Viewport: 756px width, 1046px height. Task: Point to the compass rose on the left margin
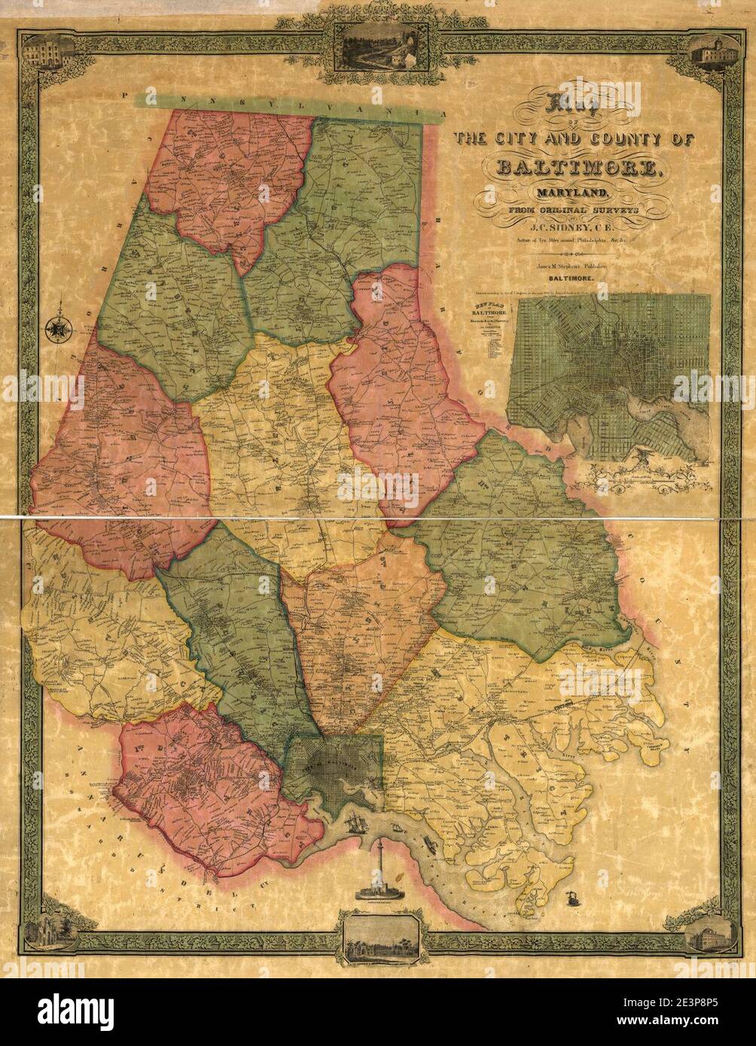(x=57, y=329)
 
